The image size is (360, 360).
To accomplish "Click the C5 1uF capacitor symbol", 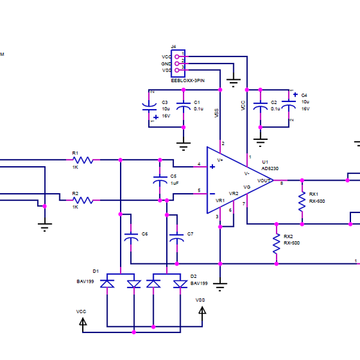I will [160, 180].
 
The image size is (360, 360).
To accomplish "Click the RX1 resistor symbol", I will [302, 202].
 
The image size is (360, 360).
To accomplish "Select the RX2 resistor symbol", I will [277, 243].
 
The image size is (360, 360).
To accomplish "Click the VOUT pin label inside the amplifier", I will [265, 180].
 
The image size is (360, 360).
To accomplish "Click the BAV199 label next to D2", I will [199, 283].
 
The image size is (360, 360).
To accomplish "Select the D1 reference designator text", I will [95, 271].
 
